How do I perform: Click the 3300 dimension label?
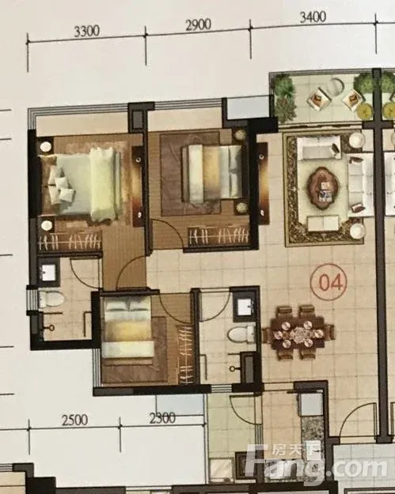(x=87, y=32)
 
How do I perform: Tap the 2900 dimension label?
(x=198, y=25)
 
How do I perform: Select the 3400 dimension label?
(x=313, y=17)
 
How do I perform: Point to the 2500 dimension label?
(x=74, y=420)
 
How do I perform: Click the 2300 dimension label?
(x=162, y=418)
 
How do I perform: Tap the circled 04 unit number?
(x=329, y=282)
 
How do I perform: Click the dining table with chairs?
(x=298, y=333)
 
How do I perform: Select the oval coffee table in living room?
(x=323, y=188)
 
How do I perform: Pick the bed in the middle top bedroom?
(x=212, y=174)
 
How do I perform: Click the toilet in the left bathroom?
(x=51, y=299)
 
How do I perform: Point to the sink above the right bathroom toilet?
(x=245, y=307)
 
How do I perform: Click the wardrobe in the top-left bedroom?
(x=70, y=242)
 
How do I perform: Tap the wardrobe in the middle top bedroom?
(x=219, y=236)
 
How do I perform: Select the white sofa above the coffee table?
(x=319, y=148)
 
